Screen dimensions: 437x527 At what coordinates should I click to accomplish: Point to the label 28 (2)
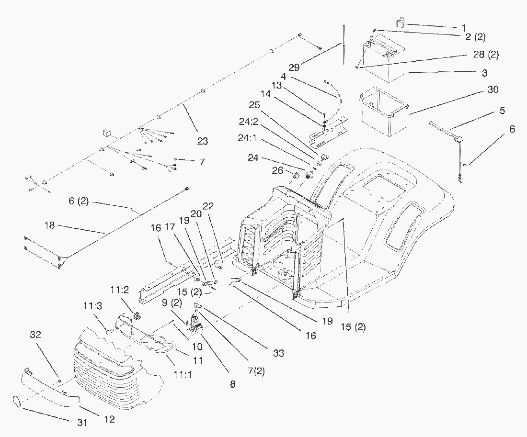(486, 55)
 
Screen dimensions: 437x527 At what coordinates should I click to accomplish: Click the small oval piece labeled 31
(16, 402)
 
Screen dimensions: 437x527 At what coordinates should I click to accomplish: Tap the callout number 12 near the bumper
(110, 420)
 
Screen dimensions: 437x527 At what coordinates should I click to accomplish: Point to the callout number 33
(278, 353)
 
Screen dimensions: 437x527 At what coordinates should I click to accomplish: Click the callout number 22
(208, 205)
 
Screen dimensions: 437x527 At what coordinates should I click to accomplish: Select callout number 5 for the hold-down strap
(502, 111)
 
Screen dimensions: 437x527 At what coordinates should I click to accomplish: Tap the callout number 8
(233, 384)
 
